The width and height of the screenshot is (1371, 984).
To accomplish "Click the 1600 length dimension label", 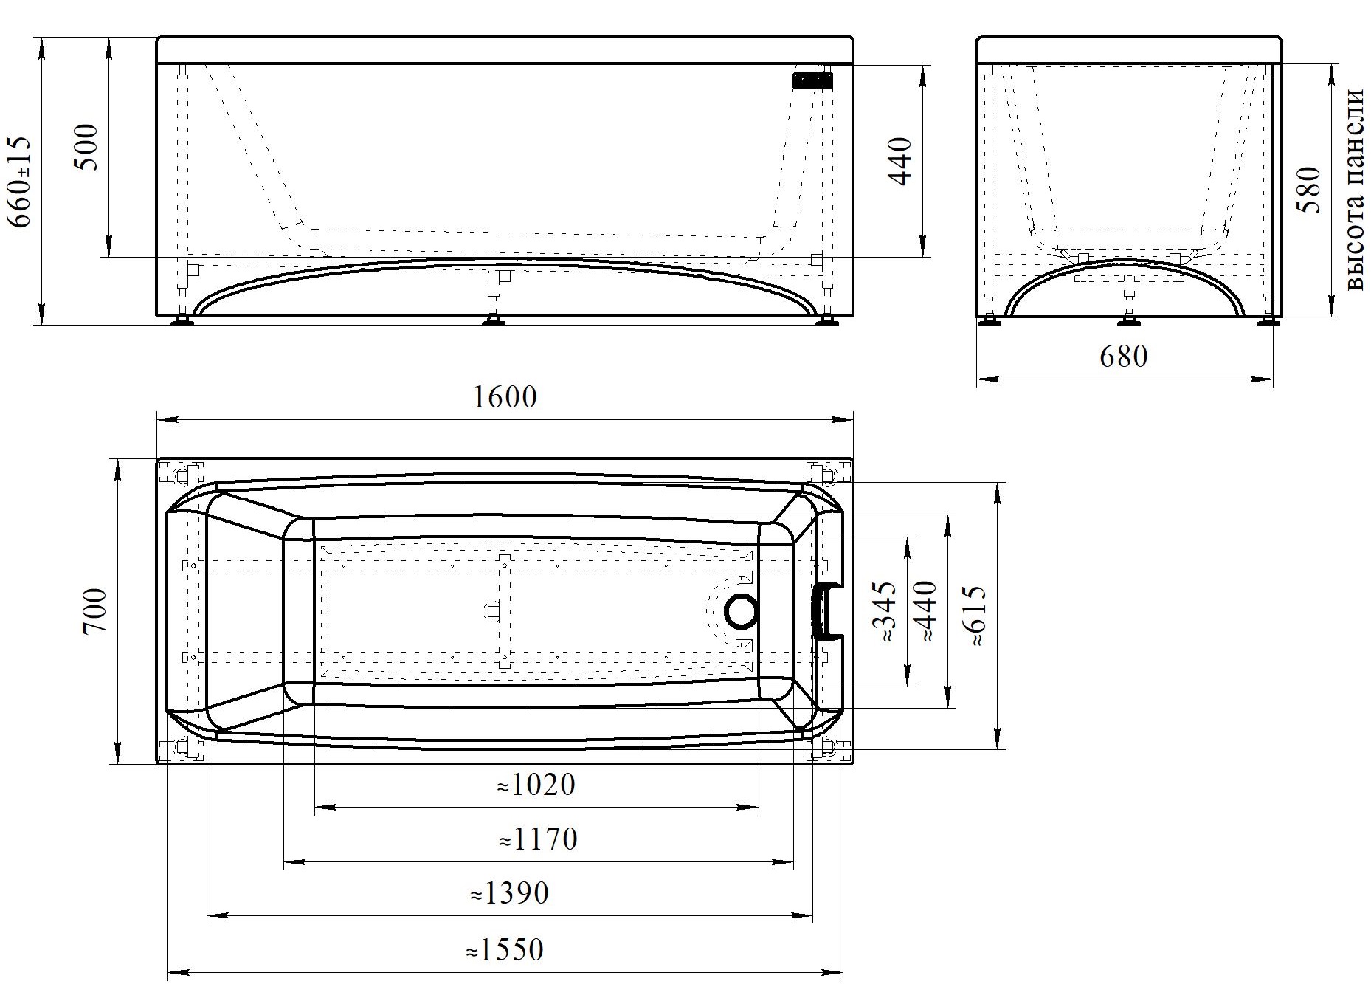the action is click(504, 398).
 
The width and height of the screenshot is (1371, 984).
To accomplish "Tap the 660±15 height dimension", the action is click(20, 182).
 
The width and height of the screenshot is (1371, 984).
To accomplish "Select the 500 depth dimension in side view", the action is click(87, 147).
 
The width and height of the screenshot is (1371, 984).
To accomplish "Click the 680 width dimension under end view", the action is click(1124, 357).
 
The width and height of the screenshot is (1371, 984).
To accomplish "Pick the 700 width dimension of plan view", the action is click(95, 610).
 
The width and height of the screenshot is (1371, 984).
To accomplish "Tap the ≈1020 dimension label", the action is click(536, 785).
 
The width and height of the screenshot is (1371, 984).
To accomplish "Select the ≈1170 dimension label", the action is click(538, 839).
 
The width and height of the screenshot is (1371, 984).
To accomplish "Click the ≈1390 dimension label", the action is click(510, 894).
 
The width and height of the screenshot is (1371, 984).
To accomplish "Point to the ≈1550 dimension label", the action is click(505, 949).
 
